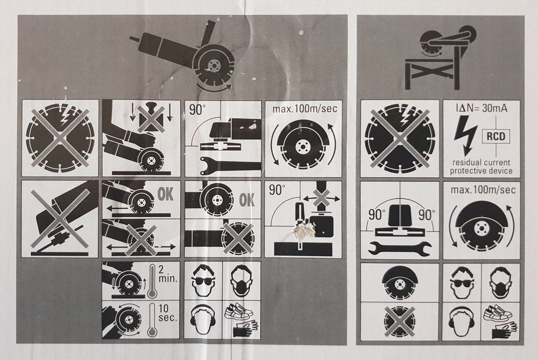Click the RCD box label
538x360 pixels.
point(496,137)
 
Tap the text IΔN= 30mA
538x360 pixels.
point(482,108)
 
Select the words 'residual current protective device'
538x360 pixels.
point(481,166)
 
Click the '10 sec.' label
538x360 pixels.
point(168,313)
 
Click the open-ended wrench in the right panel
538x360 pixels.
point(400,248)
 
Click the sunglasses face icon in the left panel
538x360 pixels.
point(203,280)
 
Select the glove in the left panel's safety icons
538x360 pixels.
point(245,328)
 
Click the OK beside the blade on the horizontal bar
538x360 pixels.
point(247,200)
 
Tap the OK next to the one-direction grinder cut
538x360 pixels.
point(165,194)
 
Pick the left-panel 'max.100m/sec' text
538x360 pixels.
point(305,109)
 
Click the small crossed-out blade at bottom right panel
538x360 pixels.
point(399,322)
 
